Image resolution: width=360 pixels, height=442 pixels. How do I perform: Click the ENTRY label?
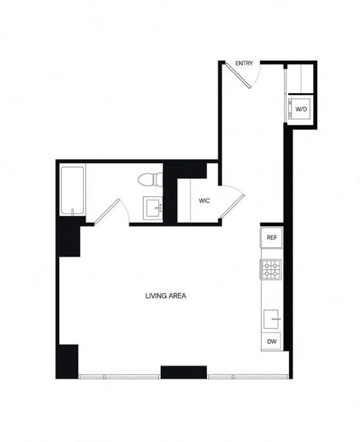click(244, 63)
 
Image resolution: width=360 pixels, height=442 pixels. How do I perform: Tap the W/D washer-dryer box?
click(301, 109)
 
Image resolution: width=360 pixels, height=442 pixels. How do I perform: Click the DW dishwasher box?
click(271, 342)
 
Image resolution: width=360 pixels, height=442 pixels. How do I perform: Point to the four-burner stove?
click(271, 269)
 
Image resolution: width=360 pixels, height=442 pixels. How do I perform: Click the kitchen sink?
click(272, 319)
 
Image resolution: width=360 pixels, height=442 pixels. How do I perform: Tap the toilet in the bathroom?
click(149, 180)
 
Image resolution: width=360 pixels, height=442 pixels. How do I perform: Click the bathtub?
click(72, 191)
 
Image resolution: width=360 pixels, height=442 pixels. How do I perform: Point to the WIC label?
click(204, 201)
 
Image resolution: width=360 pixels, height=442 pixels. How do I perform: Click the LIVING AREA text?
click(165, 296)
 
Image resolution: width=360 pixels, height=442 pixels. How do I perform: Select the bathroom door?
click(107, 209)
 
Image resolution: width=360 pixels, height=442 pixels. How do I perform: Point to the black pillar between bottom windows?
click(184, 371)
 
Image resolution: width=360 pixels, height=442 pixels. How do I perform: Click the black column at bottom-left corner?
click(68, 361)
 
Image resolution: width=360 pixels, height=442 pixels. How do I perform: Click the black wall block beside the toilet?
click(170, 191)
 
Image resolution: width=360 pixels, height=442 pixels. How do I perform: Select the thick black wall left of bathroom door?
click(69, 236)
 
